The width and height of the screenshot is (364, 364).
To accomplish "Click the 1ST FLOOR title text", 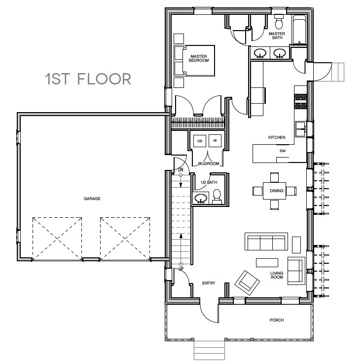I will pos(88,79).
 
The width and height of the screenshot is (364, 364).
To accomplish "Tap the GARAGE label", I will pos(92,199).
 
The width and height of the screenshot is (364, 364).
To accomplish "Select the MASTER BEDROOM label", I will pos(199,59).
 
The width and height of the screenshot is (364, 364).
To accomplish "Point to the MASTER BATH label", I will pos(276,36).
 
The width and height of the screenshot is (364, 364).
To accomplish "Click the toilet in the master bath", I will pos(278,22).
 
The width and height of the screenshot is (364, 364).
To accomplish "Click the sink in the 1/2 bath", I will pos(201,199).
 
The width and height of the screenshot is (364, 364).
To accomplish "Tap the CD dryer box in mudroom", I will pos(200,141).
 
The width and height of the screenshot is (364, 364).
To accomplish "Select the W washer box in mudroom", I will pos(215,141).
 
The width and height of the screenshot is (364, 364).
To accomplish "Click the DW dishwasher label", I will pos(283,151).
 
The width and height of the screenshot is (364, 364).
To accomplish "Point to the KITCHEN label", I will pos(277,137).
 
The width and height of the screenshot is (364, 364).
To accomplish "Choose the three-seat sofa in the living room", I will pos(266,243).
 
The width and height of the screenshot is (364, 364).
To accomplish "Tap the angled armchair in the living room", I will pos(248,282).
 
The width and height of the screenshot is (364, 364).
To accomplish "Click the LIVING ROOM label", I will pos(277,275).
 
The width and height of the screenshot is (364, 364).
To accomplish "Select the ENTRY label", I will pos(209,283).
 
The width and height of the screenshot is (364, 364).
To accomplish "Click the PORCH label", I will pos(277,320).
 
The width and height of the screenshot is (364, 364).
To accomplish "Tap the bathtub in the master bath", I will pos(299,31).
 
